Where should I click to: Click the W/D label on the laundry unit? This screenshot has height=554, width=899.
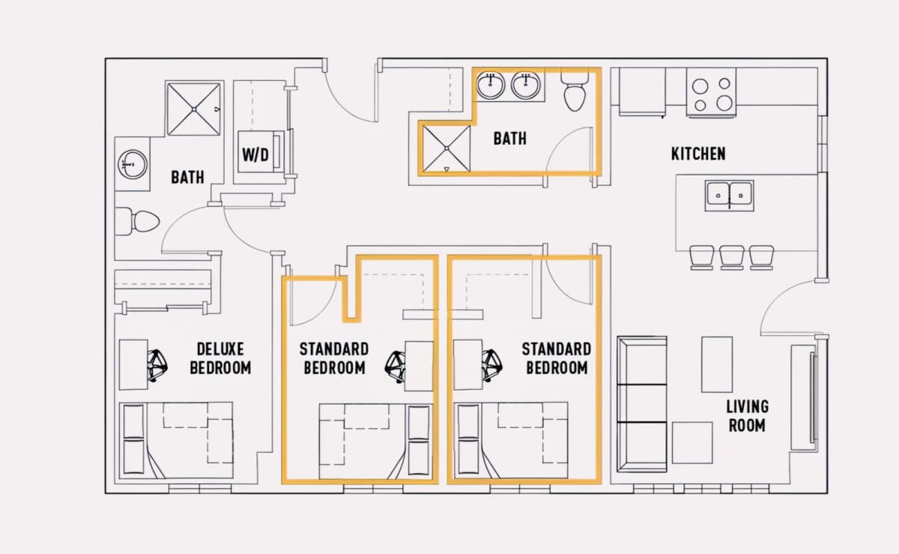tap(255, 154)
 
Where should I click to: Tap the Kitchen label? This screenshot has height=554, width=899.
tap(698, 154)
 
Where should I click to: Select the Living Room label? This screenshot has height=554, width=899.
tap(748, 416)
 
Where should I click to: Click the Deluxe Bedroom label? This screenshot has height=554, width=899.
tap(220, 358)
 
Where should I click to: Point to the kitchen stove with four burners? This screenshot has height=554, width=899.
tap(711, 92)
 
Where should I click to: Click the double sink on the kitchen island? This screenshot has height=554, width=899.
tap(730, 196)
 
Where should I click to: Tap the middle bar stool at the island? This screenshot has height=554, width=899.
tap(732, 258)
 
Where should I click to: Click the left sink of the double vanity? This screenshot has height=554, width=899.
tap(491, 85)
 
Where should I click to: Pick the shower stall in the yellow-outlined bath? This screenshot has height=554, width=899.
tap(447, 148)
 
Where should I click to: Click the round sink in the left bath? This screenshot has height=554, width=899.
tap(133, 164)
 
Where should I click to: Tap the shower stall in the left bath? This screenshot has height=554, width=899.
tap(193, 109)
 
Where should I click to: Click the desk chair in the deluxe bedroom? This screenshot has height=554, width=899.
tap(157, 366)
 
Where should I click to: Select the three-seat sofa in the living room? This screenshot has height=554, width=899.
tap(642, 404)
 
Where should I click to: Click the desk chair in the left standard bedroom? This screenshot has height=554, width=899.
tap(396, 367)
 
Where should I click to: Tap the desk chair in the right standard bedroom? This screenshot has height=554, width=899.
tap(492, 366)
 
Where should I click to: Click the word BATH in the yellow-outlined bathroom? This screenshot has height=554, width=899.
tap(509, 139)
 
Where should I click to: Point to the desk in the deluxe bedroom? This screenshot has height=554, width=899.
tap(133, 365)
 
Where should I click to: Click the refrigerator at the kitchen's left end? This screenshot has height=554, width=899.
tap(642, 92)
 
